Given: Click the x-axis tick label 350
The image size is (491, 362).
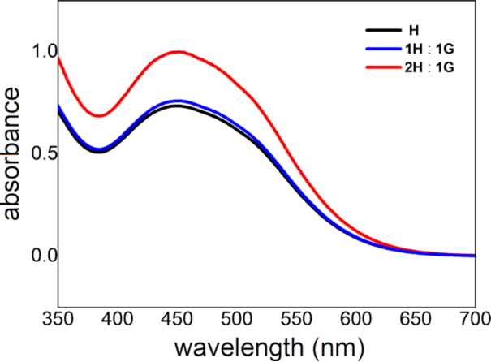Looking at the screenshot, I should [x=58, y=319].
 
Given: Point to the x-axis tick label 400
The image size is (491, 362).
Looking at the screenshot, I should [x=119, y=319].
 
